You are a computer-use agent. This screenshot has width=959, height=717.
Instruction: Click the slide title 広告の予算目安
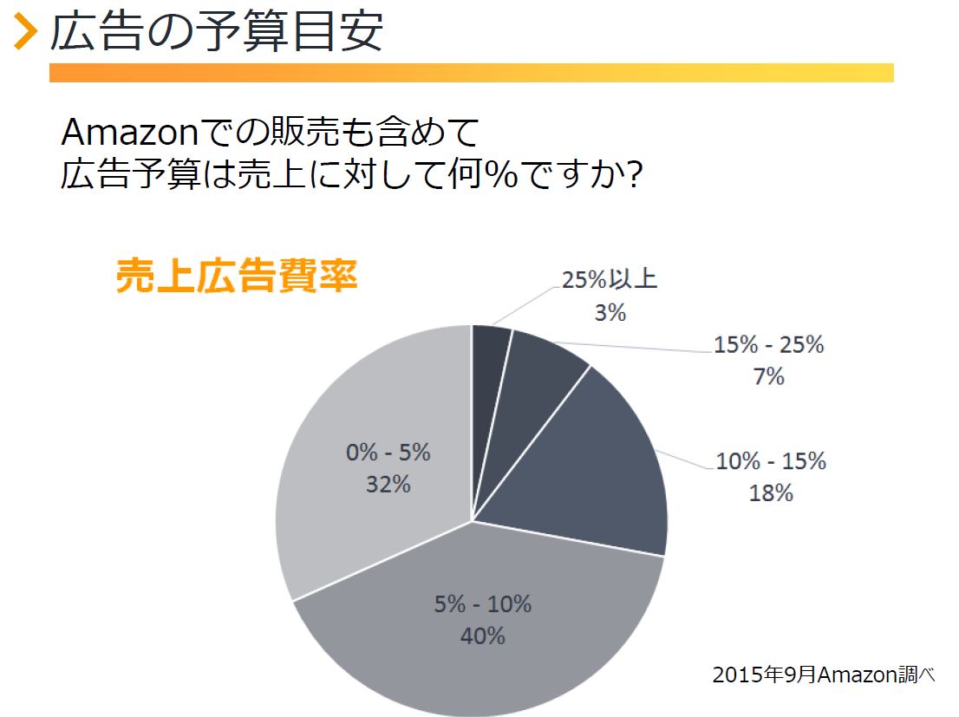point(217,30)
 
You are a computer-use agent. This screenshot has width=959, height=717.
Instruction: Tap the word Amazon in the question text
point(130,132)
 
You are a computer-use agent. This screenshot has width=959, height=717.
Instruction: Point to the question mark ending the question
point(635,173)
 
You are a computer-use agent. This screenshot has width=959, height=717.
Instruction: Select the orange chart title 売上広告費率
point(237,276)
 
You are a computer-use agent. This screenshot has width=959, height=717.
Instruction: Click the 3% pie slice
point(491,367)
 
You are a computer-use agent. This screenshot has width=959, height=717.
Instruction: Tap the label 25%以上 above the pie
point(610,279)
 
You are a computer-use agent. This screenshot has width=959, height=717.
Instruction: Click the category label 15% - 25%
point(769,344)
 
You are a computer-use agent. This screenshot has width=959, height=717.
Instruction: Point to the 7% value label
point(768,376)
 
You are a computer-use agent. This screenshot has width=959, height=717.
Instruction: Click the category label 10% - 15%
point(771,460)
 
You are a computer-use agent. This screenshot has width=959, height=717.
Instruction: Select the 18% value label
point(771,492)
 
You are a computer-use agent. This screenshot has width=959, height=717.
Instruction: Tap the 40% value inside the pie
point(483,636)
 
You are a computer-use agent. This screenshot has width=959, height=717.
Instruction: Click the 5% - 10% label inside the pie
point(483,603)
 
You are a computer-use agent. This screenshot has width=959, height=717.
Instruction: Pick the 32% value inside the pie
point(388,485)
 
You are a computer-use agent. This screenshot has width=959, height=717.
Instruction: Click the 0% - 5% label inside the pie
point(388,453)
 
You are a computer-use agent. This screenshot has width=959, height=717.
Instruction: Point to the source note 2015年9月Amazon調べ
point(823,675)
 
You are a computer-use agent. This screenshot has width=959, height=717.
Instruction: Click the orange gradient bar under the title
point(472,72)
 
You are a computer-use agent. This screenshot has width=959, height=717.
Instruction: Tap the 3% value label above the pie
point(610,313)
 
